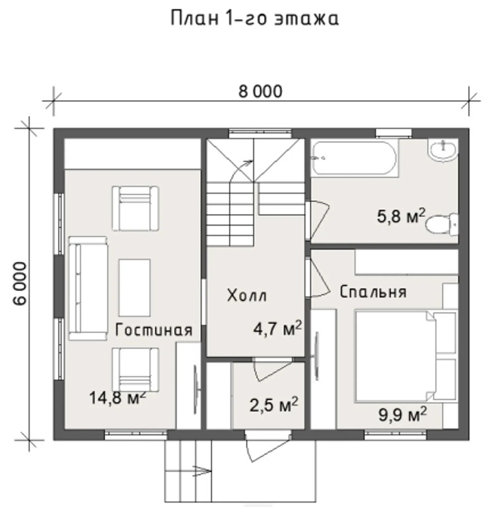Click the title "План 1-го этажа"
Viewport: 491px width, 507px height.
254,18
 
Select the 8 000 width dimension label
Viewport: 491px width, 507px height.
260,91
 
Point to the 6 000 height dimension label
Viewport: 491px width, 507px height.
20,283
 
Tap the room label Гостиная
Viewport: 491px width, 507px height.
154,330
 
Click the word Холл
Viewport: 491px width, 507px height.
247,296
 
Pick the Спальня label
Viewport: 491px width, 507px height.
373,292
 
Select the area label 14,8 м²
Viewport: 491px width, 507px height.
117,398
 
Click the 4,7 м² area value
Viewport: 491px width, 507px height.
277,329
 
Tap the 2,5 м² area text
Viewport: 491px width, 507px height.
273,405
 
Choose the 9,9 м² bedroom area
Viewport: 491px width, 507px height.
402,415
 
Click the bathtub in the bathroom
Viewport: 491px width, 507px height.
354,158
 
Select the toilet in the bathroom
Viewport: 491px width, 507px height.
442,225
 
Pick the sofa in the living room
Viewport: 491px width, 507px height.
87,288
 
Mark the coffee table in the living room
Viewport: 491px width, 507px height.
134,287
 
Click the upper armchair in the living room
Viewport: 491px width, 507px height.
135,208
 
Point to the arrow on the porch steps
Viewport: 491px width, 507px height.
201,471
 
